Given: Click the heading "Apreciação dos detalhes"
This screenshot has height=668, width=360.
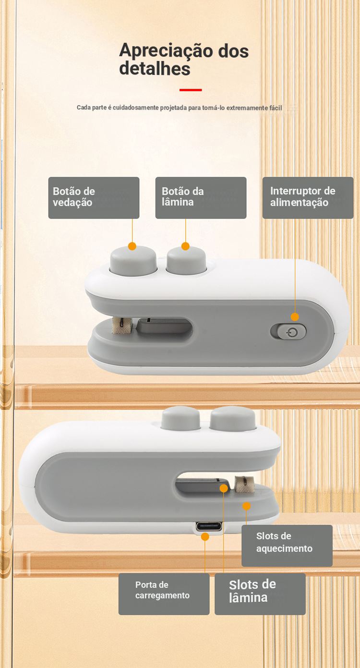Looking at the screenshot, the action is click(x=184, y=60).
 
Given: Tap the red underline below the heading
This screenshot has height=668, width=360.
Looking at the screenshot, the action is click(x=191, y=90).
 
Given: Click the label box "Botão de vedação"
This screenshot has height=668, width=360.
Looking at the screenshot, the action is click(x=94, y=198).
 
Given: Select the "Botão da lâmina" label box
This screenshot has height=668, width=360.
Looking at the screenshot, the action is click(x=201, y=198).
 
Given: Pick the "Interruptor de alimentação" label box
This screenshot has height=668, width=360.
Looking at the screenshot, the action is click(x=308, y=198).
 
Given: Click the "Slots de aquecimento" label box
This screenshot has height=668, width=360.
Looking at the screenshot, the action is click(x=287, y=546).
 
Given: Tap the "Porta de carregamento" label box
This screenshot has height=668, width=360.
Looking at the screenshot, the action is click(x=164, y=594).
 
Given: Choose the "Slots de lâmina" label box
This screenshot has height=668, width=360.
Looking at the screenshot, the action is click(x=260, y=594).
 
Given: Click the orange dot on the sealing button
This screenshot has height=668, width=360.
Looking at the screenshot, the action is click(x=132, y=246).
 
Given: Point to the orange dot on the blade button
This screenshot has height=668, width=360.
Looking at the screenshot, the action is click(x=185, y=246).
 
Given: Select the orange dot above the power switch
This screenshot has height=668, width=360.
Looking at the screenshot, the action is click(x=295, y=316).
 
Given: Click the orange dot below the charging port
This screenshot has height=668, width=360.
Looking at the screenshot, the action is click(x=205, y=537).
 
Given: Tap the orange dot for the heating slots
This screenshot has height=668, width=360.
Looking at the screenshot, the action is click(x=246, y=506).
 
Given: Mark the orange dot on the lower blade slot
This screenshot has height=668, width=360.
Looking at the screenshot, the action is click(x=224, y=488).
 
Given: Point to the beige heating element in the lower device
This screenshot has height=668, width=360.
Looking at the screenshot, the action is click(x=244, y=484).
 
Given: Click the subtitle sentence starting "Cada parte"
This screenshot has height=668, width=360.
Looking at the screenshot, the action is click(x=180, y=108).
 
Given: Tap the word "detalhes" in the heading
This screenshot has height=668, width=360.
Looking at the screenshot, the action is click(x=155, y=69).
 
